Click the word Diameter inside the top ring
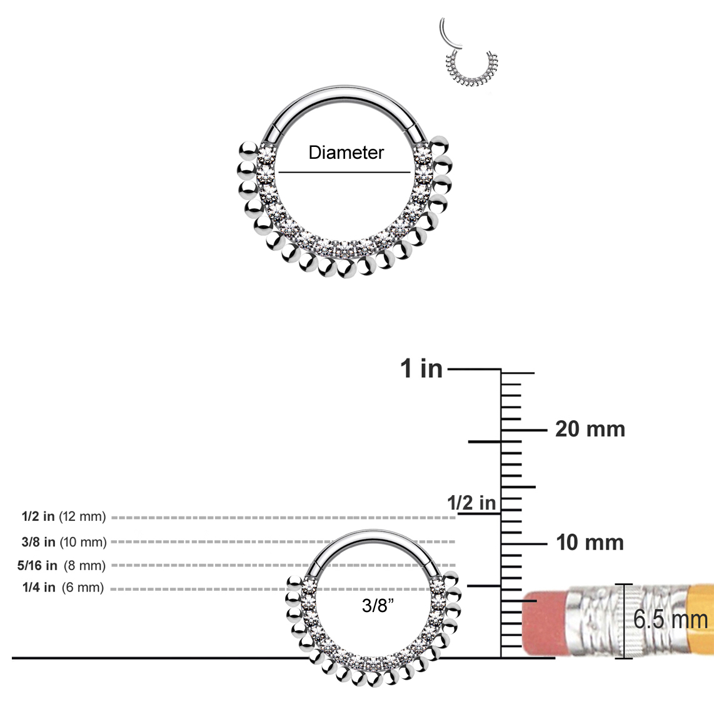[346, 153]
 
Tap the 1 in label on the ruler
[421, 369]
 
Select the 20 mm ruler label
[590, 430]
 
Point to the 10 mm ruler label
[590, 543]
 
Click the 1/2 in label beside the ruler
[471, 503]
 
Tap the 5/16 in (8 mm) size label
[61, 566]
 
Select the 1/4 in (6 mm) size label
[63, 588]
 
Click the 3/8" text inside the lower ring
[378, 605]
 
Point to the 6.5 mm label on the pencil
[670, 620]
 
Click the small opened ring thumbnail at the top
[469, 53]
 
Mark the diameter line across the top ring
[344, 172]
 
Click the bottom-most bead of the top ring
[346, 269]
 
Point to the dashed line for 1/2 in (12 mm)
[281, 518]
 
